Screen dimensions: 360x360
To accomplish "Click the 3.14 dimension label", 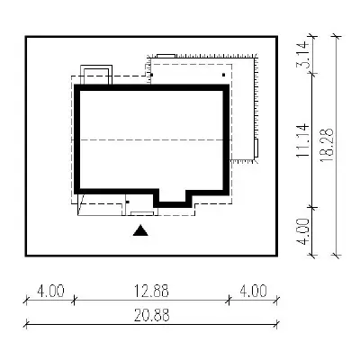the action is point(302,55).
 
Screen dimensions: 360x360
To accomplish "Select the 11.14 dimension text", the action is point(302,140).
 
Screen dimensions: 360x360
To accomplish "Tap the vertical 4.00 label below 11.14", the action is point(303,231).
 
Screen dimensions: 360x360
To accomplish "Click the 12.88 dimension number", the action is point(151,291).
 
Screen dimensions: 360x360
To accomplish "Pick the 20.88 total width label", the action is point(152,315).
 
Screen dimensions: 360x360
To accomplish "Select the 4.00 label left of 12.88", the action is point(50,291).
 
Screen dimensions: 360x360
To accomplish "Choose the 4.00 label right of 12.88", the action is point(253,291).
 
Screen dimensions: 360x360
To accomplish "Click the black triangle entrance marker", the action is point(140,230).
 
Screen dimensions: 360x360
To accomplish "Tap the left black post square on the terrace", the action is point(152,75).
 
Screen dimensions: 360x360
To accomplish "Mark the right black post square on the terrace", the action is point(223,75).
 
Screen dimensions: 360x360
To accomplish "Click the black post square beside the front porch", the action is point(128,202).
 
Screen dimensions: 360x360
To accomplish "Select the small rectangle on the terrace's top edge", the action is point(166,56).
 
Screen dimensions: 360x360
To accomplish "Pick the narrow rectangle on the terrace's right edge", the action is point(256,148).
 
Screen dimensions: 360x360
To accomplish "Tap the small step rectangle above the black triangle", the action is point(142,213).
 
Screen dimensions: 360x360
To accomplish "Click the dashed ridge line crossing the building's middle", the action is point(152,140).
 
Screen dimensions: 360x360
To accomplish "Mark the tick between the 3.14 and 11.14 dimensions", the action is point(312,73).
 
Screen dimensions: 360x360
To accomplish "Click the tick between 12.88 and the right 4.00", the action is point(229,299).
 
